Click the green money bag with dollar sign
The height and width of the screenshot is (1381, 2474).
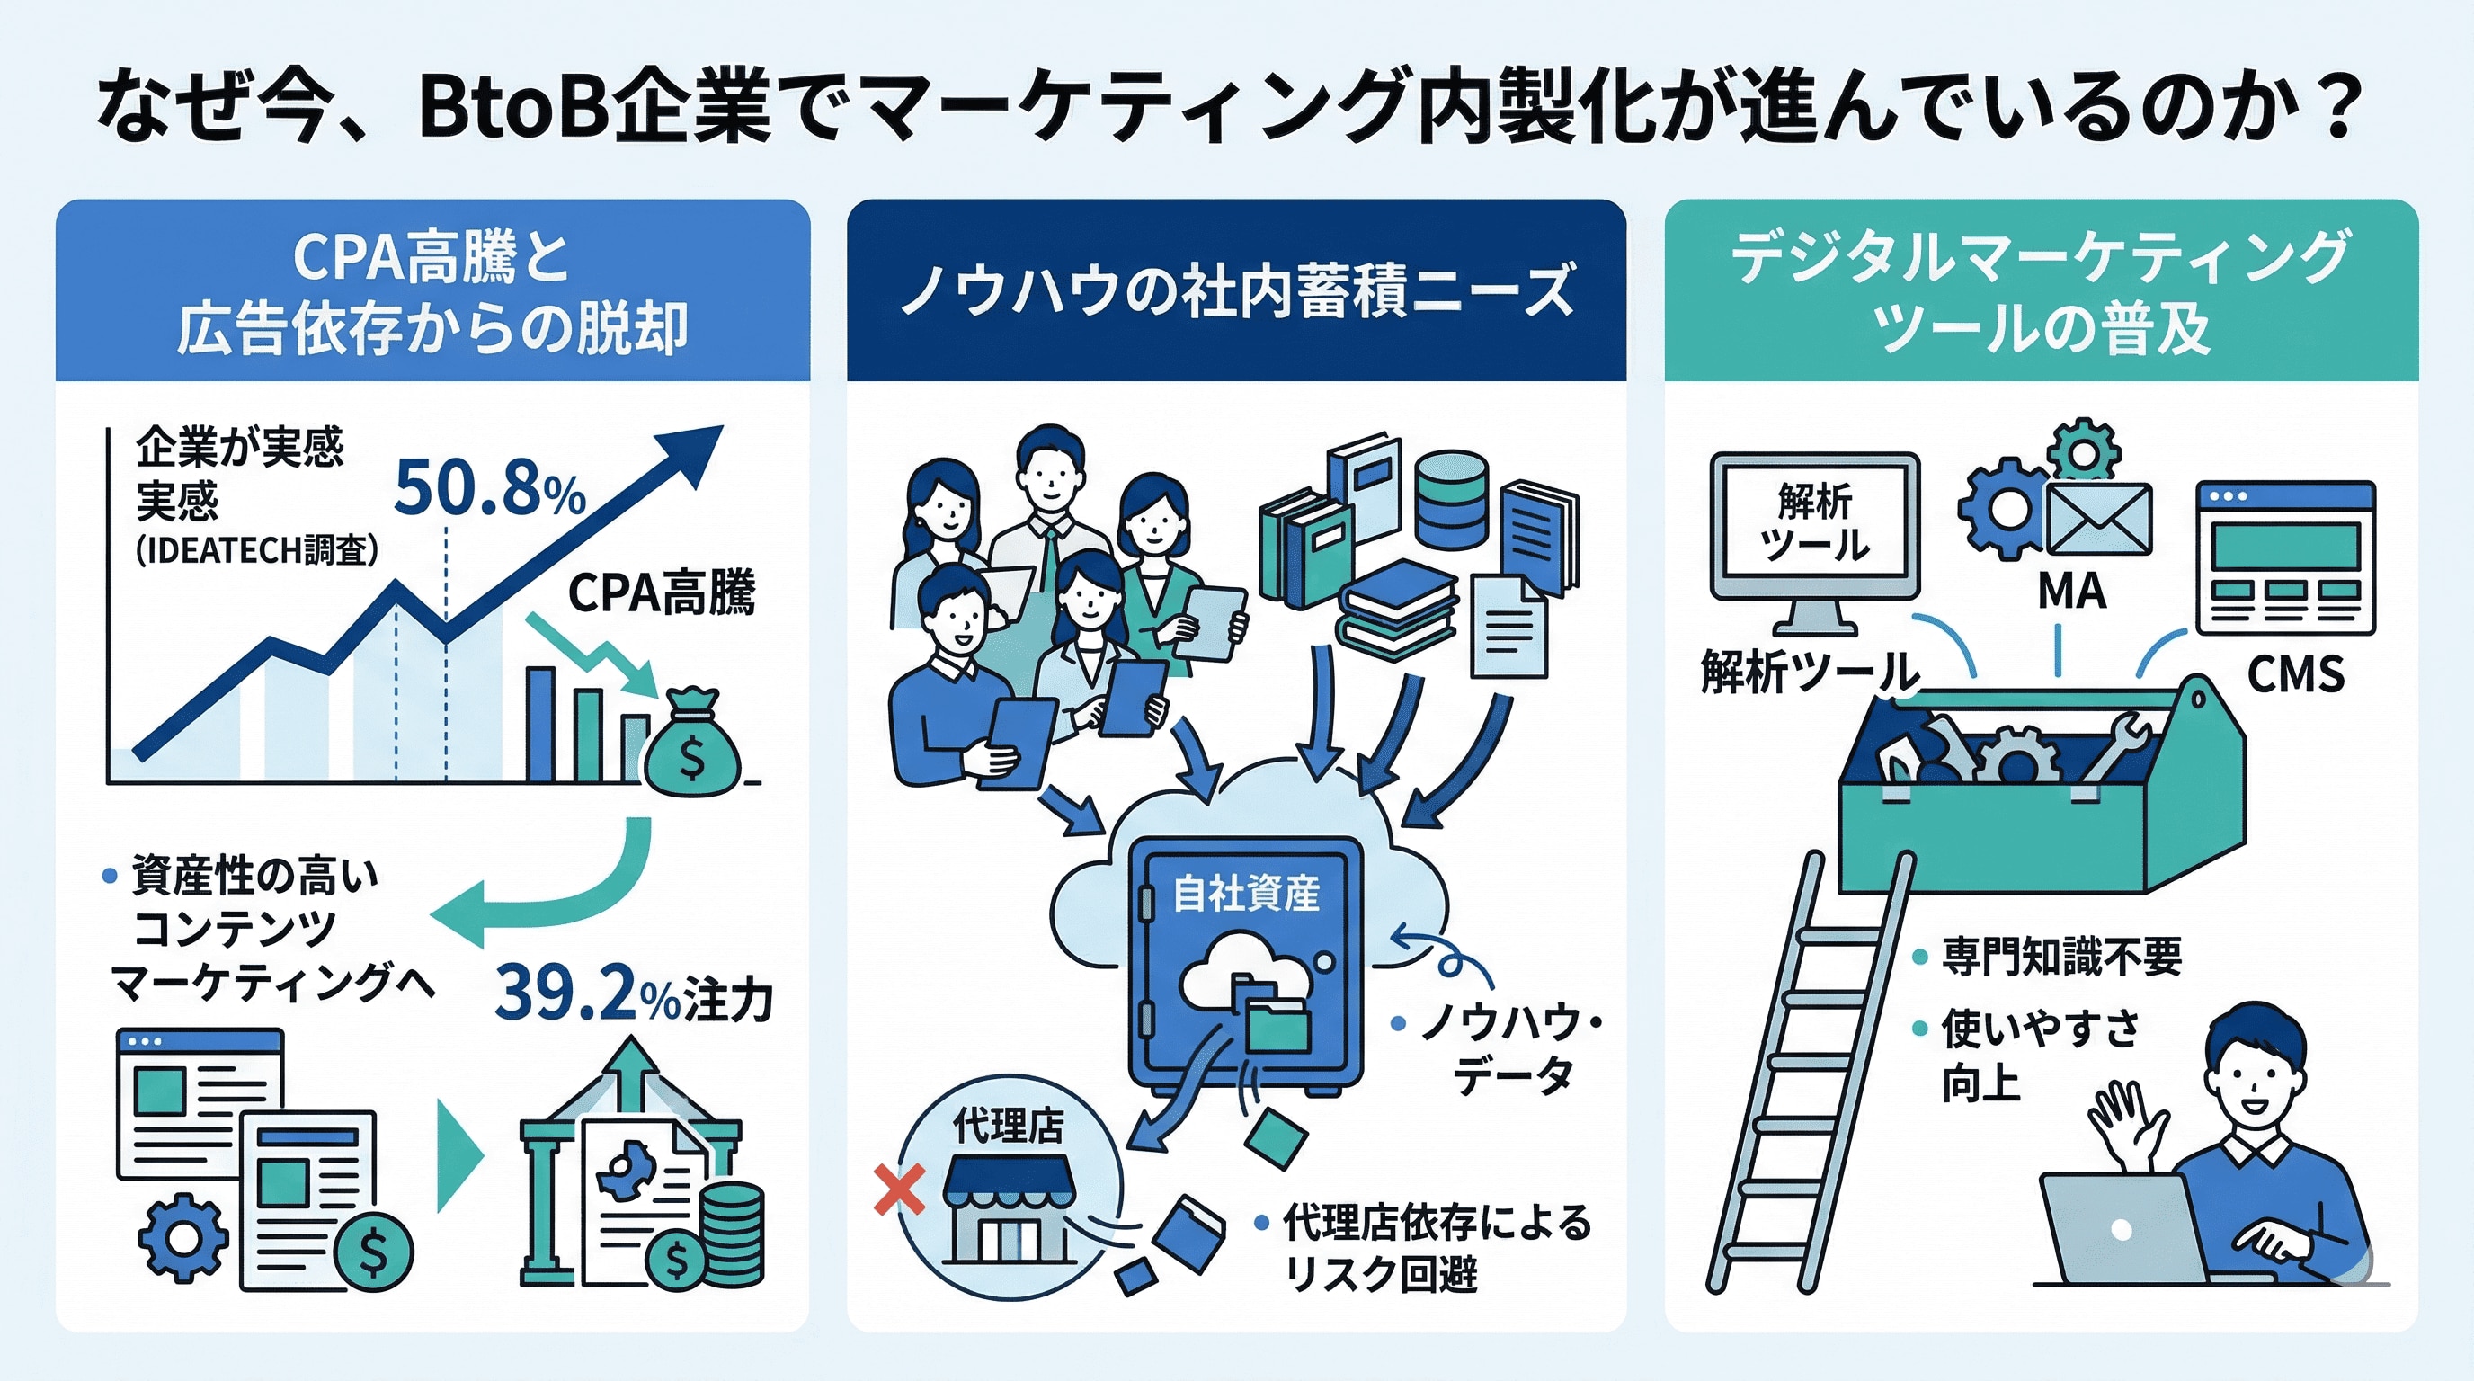692,745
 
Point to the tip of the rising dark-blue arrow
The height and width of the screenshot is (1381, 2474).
711,436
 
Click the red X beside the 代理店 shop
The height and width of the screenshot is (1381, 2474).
900,1189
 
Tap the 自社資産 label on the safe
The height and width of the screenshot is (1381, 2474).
1246,893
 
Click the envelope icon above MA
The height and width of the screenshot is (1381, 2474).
2098,519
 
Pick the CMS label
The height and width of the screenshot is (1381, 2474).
2295,674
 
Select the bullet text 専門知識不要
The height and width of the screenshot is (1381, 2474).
2061,957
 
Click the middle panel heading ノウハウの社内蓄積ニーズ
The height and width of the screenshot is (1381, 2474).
1236,291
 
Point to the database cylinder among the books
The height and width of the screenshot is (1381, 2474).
1451,499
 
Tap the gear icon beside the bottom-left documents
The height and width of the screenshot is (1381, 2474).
182,1238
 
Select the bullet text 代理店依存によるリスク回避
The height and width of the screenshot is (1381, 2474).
1437,1249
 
